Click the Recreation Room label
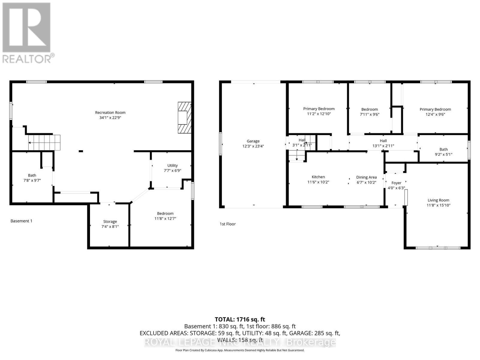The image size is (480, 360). coord(110,112)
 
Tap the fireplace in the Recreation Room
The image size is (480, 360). coord(184,118)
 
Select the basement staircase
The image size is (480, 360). coord(44,142)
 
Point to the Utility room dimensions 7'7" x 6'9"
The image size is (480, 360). coord(172,170)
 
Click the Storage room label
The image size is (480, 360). coord(110,221)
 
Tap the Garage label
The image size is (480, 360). coord(253,141)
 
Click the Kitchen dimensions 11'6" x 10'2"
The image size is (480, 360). coord(318,182)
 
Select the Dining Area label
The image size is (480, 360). coord(366,177)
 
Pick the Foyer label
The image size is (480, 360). coord(396,183)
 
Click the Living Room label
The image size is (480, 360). coord(438,200)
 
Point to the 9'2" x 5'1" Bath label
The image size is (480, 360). coord(443,149)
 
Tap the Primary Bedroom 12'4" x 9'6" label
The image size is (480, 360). coord(435,109)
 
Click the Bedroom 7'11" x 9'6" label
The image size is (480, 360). coord(369,109)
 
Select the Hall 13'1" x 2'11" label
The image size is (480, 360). coord(383,141)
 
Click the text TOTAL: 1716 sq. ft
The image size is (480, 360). coord(240,319)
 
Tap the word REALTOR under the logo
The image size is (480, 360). coord(27,58)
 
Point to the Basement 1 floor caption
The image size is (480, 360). coord(21,221)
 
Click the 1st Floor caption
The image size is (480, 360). coord(228,224)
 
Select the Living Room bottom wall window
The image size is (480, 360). coord(438,248)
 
